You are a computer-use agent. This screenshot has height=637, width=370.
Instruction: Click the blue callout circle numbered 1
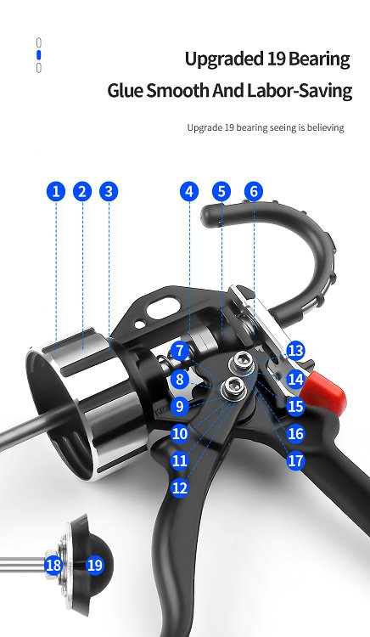pos(56,191)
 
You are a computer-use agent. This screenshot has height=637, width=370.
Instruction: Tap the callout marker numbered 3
pos(109,191)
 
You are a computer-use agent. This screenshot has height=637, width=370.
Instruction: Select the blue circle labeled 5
pos(221,191)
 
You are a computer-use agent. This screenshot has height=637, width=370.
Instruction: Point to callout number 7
pos(180,351)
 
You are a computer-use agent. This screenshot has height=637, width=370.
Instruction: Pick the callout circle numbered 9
pos(180,406)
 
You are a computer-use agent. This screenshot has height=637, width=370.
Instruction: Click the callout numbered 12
pos(180,488)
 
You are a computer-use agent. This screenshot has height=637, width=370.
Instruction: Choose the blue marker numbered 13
pos(296,351)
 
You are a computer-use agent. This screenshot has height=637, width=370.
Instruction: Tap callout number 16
pos(296,434)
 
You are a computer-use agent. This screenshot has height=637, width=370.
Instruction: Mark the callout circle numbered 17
pos(296,460)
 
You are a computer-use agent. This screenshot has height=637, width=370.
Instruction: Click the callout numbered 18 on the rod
pos(53,565)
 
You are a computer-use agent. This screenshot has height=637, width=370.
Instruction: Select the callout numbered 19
pos(95,565)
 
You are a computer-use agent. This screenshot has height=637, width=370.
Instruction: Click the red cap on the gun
pos(328,392)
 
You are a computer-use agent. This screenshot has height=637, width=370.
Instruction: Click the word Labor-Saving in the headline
pos(300,91)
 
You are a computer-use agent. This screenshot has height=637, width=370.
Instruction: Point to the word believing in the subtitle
pos(325,127)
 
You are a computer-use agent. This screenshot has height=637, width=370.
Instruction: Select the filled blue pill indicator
pos(38,55)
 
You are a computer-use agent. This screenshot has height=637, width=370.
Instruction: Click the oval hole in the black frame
pos(163,307)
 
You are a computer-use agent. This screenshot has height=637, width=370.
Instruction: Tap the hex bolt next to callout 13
pos(242,361)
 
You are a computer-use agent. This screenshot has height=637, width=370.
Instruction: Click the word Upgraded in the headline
pos(224,59)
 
